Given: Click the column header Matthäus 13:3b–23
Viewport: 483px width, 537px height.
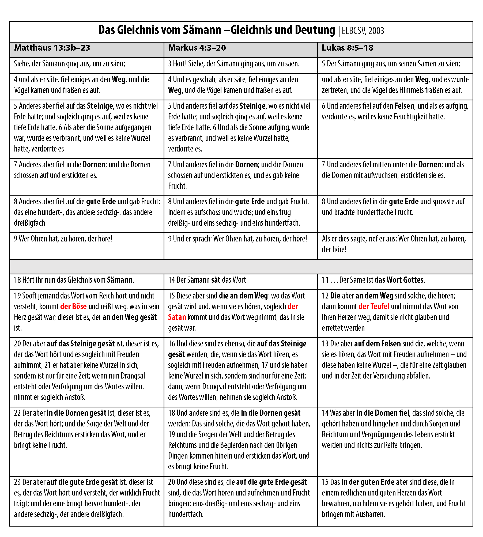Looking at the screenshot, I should [52, 48].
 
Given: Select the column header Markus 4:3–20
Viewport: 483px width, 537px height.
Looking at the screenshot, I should [197, 48].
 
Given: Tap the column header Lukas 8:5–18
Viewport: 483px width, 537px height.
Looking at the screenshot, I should [347, 48].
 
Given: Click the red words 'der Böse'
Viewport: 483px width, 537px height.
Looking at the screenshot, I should [73, 306].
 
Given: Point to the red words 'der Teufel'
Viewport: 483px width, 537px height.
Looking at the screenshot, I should [374, 306].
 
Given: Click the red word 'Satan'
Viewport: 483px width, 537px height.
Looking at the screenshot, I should [177, 317].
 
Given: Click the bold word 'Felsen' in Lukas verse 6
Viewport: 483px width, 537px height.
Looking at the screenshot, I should [404, 106].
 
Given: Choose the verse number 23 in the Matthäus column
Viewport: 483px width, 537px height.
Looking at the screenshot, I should [17, 482].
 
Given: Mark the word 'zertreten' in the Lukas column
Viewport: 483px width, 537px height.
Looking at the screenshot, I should [335, 90].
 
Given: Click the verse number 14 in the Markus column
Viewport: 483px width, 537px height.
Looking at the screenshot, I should [171, 280].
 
